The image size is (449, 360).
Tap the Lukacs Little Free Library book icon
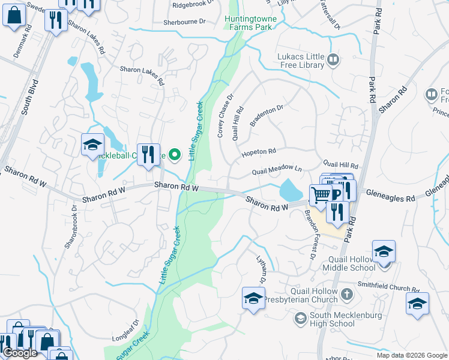point(334,59)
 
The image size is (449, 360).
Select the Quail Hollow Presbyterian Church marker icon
point(346,294)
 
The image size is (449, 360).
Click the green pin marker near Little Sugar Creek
point(175,155)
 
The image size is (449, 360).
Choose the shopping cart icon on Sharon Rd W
point(321,194)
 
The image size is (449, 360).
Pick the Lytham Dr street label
point(261,271)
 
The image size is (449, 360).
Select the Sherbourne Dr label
point(184,22)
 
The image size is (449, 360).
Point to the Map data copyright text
point(411,355)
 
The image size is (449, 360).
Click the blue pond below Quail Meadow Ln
point(291,190)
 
